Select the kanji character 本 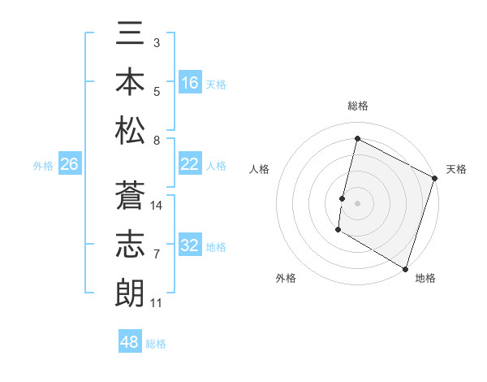pos(130,82)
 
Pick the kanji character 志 pos(130,244)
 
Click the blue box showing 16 pos(190,83)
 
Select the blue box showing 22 pos(190,164)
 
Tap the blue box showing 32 pos(190,245)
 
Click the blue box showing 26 pos(69,164)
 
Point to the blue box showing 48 pos(130,342)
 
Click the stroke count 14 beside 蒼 pos(157,206)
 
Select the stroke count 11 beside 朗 pos(157,303)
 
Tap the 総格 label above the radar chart pos(357,106)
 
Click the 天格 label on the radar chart pos(456,169)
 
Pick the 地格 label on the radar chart pos(425,278)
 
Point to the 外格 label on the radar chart pos(286,278)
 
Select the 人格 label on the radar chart pos(260,169)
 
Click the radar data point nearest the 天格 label pos(435,178)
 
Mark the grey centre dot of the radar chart pos(357,202)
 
